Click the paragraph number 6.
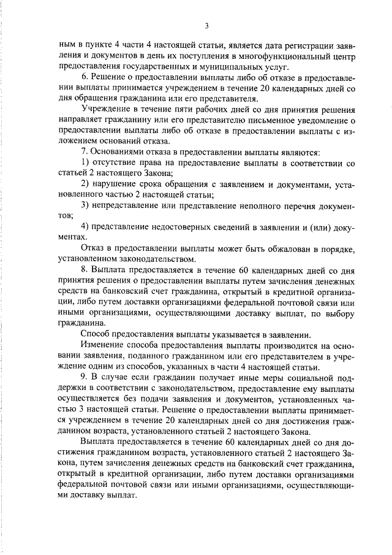[85, 76]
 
